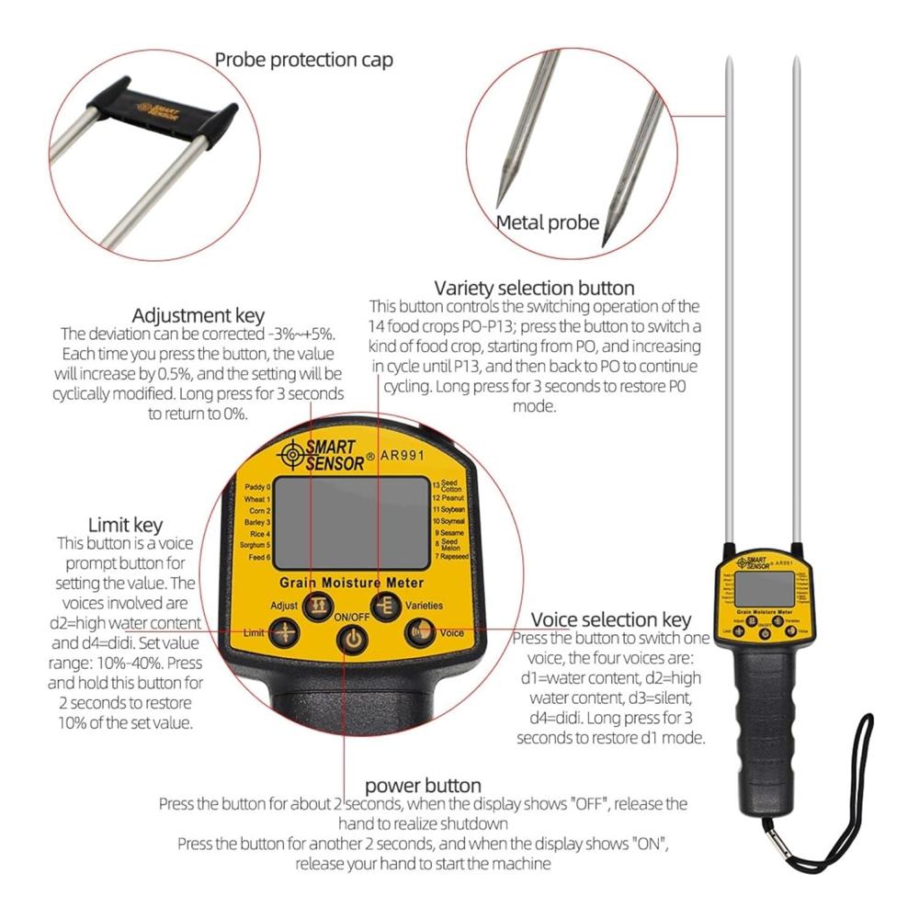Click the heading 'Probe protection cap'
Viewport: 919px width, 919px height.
[303, 61]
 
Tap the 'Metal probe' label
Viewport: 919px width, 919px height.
[548, 221]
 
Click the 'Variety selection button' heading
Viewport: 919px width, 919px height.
[534, 289]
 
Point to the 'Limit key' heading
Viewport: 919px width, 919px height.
[125, 526]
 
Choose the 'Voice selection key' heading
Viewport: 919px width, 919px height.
[611, 619]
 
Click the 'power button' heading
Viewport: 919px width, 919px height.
[423, 786]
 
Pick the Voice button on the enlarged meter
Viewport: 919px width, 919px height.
[420, 632]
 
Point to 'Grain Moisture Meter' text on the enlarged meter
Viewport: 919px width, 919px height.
[352, 583]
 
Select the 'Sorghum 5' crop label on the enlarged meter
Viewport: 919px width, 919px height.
[255, 545]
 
